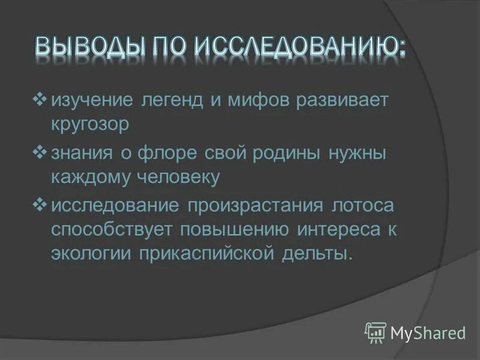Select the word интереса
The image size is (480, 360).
coord(336,229)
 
